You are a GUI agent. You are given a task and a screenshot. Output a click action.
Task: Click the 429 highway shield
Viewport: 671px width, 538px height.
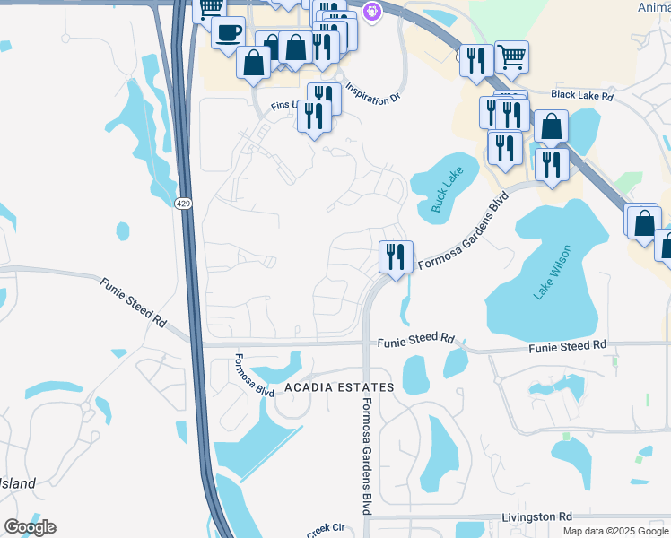point(183,204)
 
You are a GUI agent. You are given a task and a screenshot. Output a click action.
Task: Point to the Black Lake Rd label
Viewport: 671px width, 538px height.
point(582,94)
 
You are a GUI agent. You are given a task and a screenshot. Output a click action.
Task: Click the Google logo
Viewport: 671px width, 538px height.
point(30,527)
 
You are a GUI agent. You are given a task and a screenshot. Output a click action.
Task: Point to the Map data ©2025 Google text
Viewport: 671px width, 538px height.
point(615,531)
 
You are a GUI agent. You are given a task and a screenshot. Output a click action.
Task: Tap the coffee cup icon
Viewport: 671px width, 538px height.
point(228,32)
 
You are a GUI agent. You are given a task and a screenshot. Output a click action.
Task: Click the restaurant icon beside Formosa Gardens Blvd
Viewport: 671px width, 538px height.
point(395,256)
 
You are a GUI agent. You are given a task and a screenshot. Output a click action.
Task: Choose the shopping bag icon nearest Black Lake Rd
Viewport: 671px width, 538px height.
point(551,126)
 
